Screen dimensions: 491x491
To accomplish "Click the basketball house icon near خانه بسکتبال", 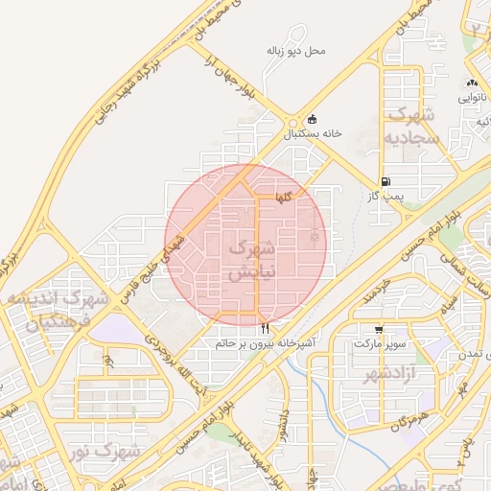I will tap(312, 120).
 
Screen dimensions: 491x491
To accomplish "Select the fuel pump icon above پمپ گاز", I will tap(386, 181).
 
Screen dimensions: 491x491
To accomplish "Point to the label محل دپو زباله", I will tap(297, 50).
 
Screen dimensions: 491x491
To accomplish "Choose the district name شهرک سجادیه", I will tap(412, 127).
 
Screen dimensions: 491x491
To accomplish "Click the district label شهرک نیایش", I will tap(250, 261).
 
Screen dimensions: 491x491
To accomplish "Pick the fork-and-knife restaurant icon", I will tap(265, 327).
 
